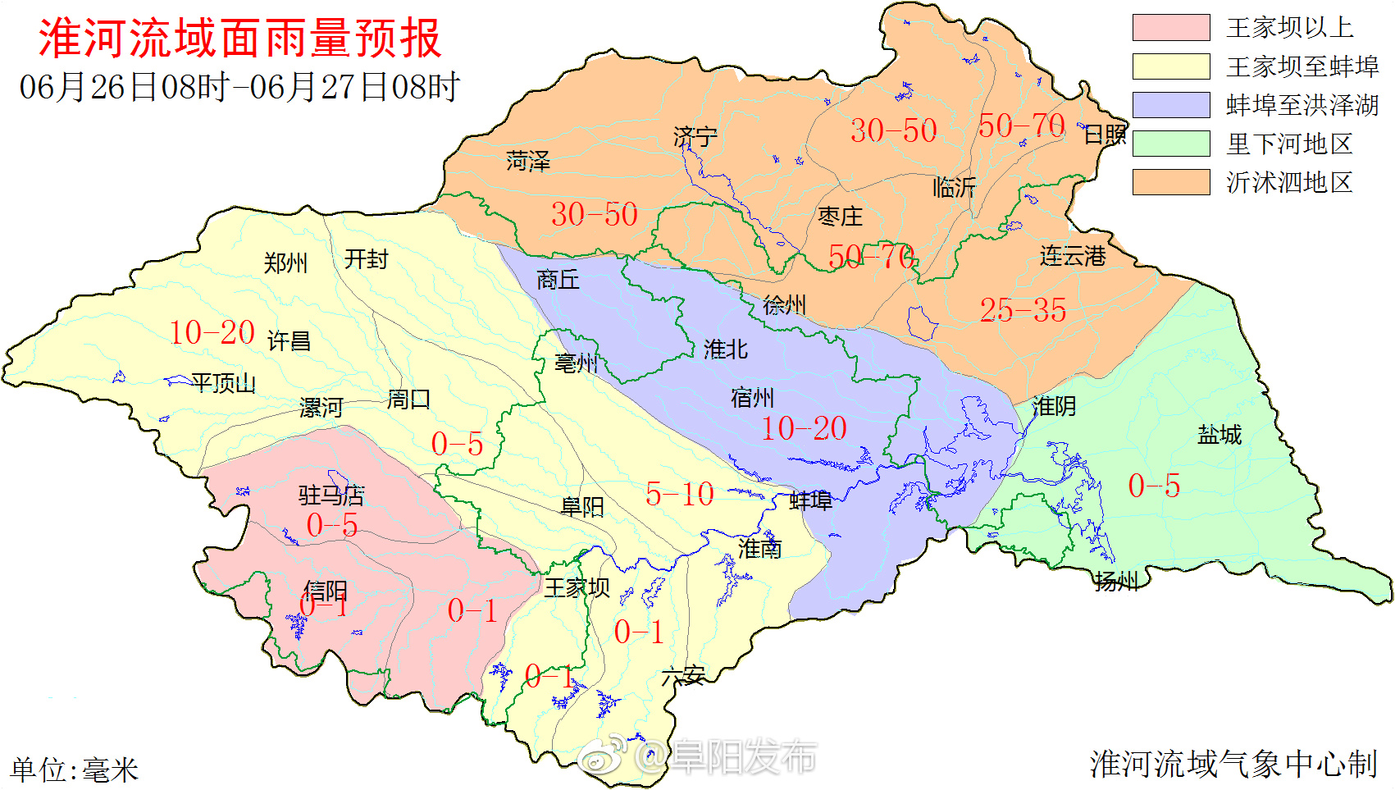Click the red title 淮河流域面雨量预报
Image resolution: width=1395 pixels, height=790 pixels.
coord(239,39)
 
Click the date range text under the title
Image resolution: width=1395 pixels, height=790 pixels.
coord(239,87)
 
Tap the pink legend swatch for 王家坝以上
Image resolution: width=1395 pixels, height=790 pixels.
coord(1170,27)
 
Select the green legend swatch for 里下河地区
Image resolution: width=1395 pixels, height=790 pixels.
coord(1170,144)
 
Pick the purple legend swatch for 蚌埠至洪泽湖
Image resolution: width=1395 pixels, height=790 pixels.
coord(1170,105)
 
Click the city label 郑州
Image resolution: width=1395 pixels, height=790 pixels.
coord(285,263)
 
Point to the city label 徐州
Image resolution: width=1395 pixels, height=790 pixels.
coord(784,306)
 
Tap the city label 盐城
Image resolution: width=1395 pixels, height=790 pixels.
coord(1219,435)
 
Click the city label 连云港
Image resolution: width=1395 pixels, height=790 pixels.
coord(1073,256)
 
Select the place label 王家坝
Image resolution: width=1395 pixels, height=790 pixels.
coord(577,587)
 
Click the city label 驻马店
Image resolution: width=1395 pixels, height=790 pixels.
coord(331,495)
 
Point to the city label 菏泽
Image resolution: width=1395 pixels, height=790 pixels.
coord(527,162)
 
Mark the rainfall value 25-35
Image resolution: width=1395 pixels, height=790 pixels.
coord(1023,310)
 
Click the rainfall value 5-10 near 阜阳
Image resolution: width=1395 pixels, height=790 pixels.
coord(679,494)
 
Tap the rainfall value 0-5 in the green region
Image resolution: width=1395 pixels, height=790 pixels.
coord(1153,486)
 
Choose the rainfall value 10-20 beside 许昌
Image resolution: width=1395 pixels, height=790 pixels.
coord(212,332)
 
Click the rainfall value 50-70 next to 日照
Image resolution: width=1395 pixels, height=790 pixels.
coord(1021,126)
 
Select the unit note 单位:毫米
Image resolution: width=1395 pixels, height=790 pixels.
coord(74,769)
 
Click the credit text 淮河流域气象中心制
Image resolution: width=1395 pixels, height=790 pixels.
coord(1233,764)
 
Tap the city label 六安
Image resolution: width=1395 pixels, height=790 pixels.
coord(683,676)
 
